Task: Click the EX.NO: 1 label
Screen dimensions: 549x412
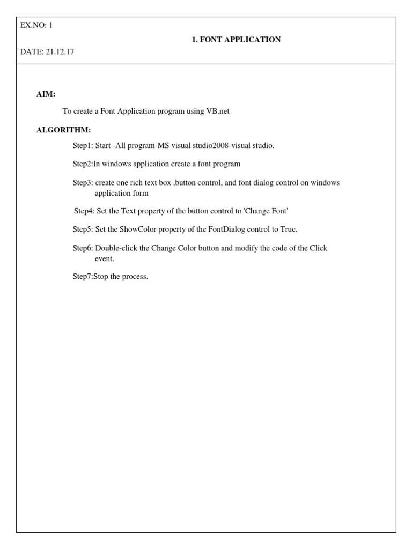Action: click(36, 25)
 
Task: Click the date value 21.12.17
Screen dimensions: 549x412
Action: click(63, 51)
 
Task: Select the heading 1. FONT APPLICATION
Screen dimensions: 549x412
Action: click(236, 40)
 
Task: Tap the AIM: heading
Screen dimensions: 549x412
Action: click(46, 94)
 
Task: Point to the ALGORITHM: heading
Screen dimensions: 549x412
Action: click(63, 130)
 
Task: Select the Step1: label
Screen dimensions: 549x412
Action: click(83, 146)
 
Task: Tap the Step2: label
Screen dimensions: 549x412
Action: click(83, 164)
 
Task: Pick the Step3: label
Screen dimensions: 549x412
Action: click(83, 183)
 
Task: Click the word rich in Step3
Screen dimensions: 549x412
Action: click(136, 183)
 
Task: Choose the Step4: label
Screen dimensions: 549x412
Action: click(84, 211)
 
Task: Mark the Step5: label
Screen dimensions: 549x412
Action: click(83, 229)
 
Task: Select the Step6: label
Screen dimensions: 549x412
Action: click(83, 248)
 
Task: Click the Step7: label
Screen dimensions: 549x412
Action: click(83, 277)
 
